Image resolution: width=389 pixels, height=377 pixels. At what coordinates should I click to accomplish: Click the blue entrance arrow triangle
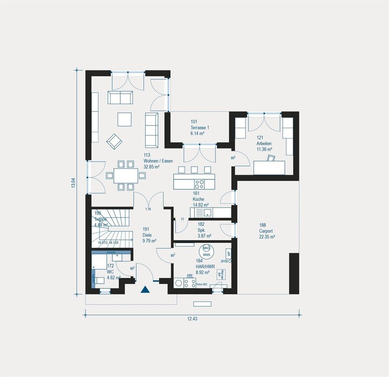[x=146, y=289]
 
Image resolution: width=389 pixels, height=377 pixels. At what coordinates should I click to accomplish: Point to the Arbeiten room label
[x=264, y=144]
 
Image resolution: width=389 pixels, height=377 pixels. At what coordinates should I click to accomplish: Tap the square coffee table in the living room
[x=124, y=119]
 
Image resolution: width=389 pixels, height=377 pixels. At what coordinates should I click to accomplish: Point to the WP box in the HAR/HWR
[x=228, y=254]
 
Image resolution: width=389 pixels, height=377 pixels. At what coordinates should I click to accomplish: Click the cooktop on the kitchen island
[x=199, y=182]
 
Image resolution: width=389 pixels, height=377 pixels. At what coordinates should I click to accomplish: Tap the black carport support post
[x=294, y=273]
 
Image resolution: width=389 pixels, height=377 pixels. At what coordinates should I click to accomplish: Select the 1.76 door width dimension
[x=148, y=209]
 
